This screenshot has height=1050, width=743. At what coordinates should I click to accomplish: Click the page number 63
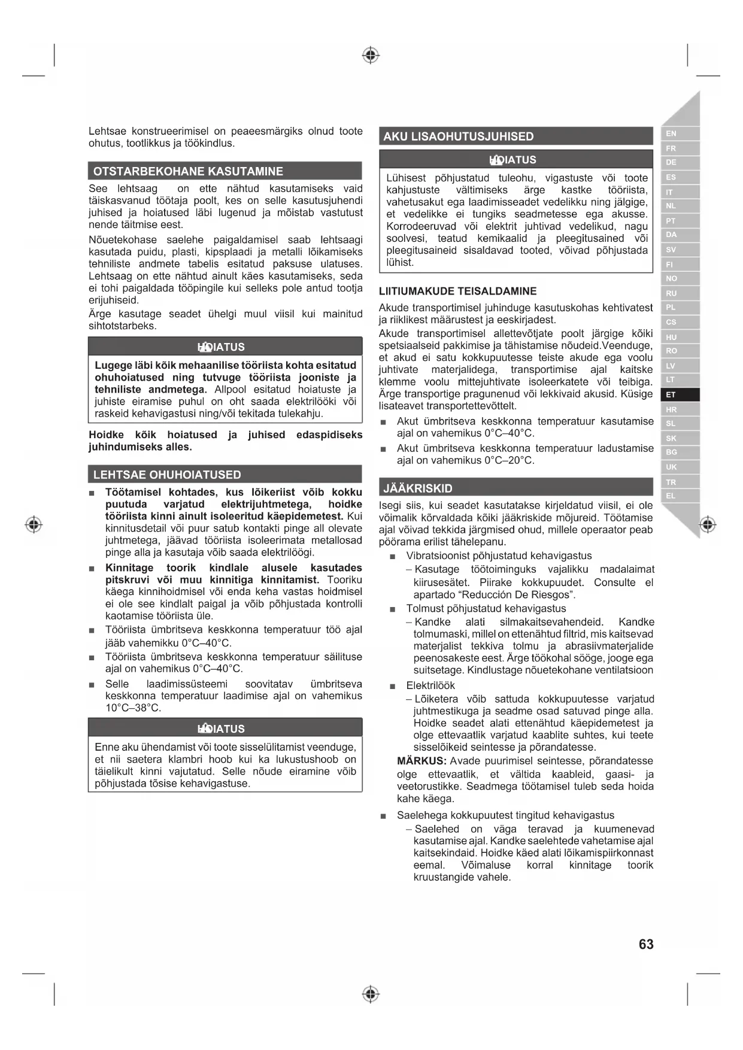(646, 944)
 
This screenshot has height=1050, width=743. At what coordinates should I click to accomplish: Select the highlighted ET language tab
(671, 394)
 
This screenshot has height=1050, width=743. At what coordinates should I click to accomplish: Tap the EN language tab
(671, 133)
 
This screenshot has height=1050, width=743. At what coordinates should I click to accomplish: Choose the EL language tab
(671, 496)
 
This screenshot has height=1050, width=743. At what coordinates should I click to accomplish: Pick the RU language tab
(671, 293)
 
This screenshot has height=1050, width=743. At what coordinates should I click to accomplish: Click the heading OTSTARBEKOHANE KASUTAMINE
(188, 171)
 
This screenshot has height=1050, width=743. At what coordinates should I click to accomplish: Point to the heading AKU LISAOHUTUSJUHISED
(459, 136)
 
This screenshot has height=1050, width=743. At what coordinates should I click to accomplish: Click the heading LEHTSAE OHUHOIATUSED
(167, 475)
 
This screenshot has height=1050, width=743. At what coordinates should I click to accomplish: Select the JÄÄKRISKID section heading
(418, 488)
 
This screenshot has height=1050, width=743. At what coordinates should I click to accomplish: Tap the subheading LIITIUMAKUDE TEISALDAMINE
(457, 292)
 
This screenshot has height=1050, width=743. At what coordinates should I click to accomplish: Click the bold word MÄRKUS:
(421, 761)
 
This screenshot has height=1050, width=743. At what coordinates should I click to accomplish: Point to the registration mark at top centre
(371, 56)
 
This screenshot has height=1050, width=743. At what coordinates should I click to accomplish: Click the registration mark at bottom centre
(371, 994)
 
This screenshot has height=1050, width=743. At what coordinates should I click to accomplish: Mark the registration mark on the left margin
(34, 525)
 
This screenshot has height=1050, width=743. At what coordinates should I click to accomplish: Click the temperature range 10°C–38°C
(133, 708)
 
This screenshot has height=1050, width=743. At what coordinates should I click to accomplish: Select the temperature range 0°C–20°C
(509, 460)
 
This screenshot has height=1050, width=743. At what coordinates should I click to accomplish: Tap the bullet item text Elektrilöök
(430, 685)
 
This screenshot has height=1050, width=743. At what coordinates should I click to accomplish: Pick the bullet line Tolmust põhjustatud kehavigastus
(486, 608)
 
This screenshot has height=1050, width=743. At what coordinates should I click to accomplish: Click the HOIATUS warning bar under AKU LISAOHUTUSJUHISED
(515, 160)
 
